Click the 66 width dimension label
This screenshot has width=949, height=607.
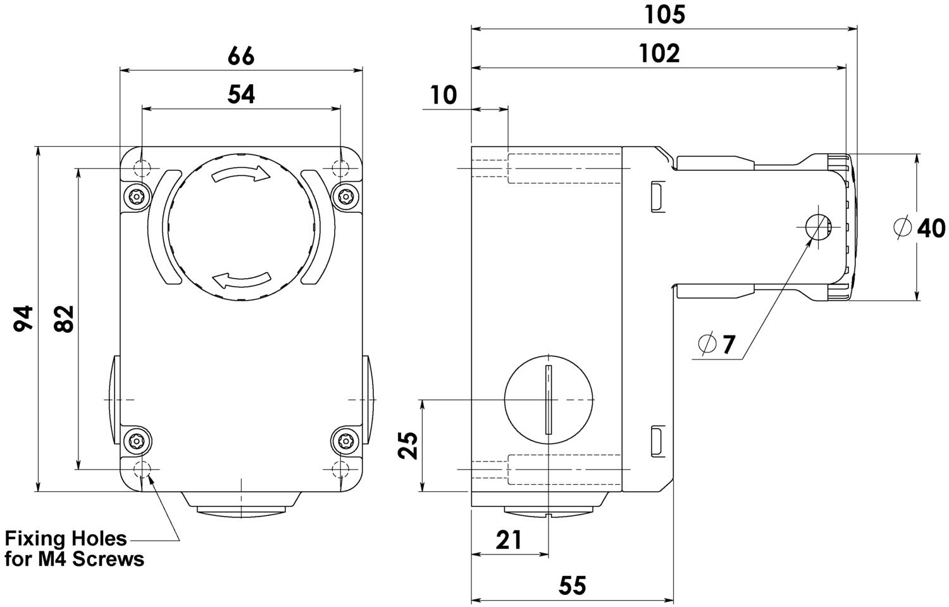[241, 56]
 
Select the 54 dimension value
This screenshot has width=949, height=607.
[241, 94]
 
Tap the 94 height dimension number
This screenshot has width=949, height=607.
[24, 318]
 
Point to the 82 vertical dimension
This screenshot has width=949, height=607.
[64, 318]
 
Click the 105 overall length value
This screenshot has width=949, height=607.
[664, 15]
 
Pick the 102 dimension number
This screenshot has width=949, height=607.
[659, 54]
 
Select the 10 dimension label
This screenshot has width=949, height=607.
[443, 95]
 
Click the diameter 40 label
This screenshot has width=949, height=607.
[921, 228]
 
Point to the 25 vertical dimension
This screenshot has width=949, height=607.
[408, 445]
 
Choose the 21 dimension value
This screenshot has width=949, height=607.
[509, 540]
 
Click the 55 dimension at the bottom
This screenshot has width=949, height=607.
[573, 585]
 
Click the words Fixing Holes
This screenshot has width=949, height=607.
[66, 539]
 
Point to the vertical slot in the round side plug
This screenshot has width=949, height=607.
[549, 400]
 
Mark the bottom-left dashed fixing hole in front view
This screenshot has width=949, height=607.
[142, 470]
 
